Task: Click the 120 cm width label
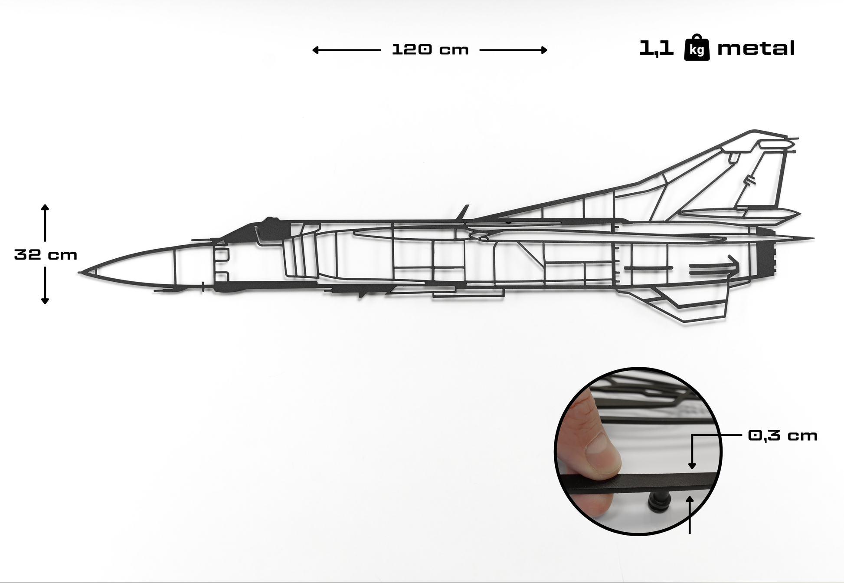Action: (x=430, y=49)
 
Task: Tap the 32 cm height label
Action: (x=46, y=254)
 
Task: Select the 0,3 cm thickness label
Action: (x=782, y=435)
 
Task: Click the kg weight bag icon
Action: (x=697, y=47)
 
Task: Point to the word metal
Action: (x=756, y=48)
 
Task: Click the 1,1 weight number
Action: (x=656, y=48)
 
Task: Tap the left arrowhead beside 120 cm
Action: (x=315, y=50)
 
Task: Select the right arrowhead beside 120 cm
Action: (x=544, y=50)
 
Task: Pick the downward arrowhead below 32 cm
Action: (x=45, y=301)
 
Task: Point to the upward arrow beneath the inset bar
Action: (x=690, y=515)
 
